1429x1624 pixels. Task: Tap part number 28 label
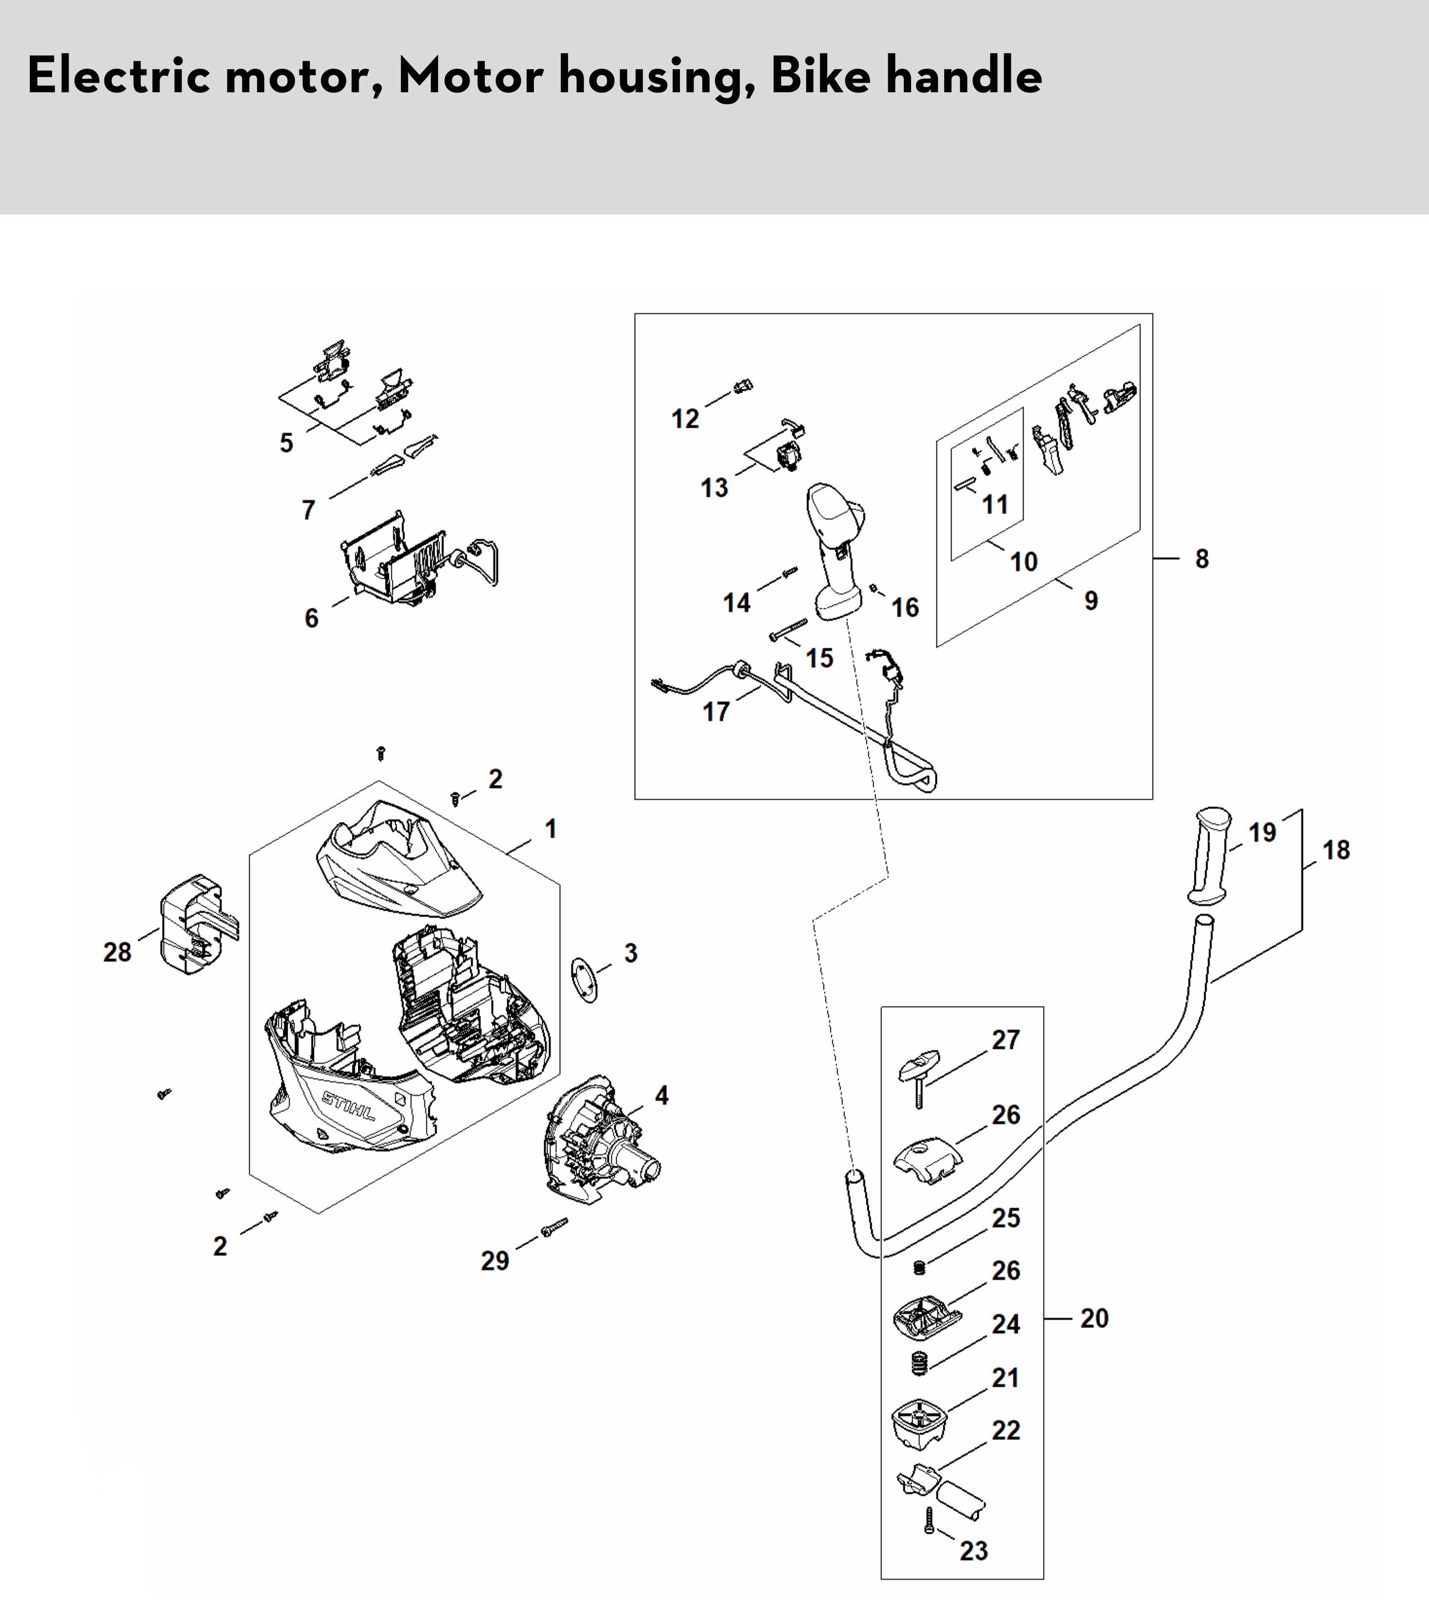118,952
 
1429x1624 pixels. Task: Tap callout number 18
1336,850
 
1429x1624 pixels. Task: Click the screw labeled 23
929,1520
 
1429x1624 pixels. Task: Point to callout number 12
685,419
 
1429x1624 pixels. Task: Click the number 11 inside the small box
994,504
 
